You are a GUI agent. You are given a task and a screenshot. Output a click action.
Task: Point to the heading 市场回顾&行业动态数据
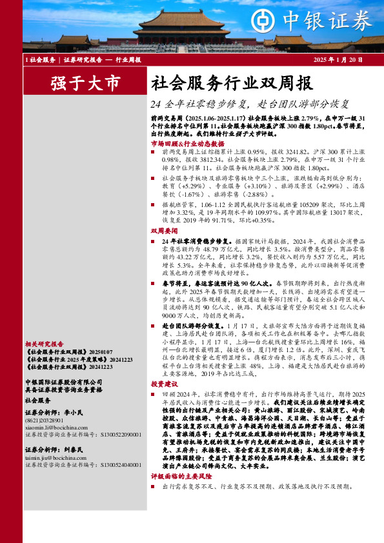(x=183, y=144)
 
